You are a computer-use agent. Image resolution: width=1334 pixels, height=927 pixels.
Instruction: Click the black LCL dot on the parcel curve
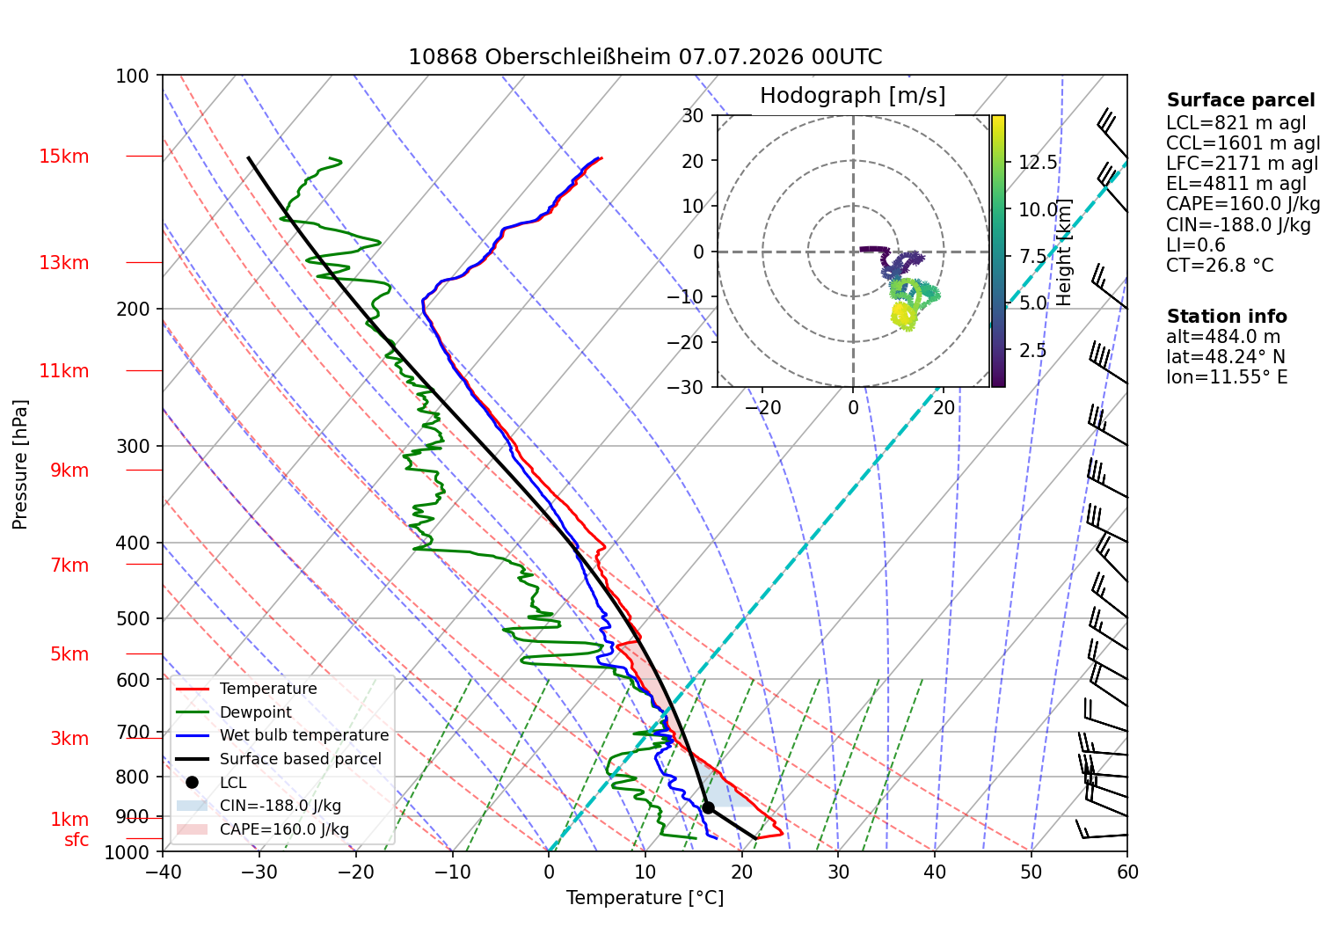[708, 808]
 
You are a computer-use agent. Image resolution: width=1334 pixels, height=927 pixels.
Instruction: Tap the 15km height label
[63, 157]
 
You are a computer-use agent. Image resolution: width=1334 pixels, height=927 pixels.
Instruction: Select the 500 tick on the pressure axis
[133, 618]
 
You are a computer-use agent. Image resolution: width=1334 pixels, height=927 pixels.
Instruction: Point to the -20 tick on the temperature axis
[355, 872]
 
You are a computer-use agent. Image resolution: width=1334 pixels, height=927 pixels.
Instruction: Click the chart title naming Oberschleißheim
[645, 57]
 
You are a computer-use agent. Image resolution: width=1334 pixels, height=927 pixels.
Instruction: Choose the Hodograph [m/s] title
[853, 95]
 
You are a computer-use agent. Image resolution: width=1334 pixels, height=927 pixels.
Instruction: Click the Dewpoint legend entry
[256, 712]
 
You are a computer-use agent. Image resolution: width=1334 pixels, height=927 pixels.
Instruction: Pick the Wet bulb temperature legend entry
[303, 735]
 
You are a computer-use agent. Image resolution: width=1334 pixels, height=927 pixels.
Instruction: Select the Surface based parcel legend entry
[300, 759]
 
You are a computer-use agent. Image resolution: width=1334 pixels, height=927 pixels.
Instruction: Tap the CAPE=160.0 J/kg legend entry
[284, 829]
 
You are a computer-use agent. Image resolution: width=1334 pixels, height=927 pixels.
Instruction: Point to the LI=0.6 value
[1196, 245]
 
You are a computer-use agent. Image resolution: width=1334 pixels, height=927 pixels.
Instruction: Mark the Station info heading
[1227, 317]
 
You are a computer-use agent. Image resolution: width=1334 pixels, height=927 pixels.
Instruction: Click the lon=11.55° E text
[1227, 377]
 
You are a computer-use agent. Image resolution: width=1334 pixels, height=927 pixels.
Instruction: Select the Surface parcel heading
[1241, 100]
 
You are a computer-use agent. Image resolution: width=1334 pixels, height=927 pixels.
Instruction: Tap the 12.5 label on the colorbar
[1038, 163]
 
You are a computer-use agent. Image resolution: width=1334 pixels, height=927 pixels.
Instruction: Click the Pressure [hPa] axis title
[20, 464]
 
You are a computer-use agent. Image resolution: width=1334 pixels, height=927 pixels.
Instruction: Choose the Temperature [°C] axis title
[645, 898]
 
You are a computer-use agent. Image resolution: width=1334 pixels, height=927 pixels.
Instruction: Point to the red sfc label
[77, 840]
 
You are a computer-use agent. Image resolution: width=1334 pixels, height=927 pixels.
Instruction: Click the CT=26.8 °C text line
[1220, 265]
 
